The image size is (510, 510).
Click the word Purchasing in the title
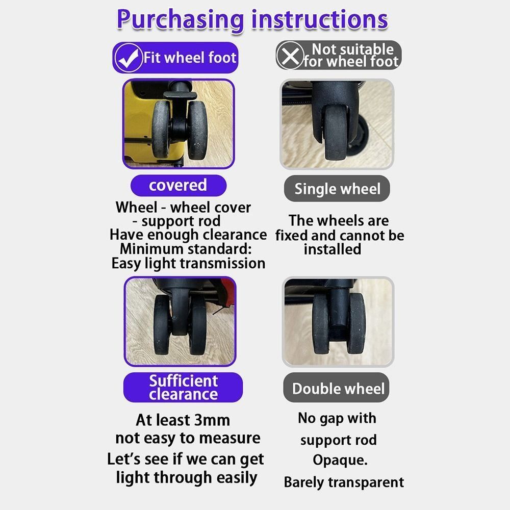(180, 19)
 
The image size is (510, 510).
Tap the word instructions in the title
(319, 19)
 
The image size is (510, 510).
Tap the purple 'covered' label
(177, 185)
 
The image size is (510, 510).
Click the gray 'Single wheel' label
(337, 189)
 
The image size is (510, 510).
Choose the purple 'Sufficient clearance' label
(183, 387)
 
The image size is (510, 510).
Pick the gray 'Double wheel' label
(338, 389)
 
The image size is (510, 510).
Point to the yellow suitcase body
(137, 122)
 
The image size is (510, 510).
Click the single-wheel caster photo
(337, 124)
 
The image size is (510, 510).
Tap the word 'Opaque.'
(340, 460)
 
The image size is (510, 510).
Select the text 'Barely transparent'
(344, 482)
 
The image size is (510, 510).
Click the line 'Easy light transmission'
(188, 263)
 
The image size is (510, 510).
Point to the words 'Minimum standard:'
(186, 249)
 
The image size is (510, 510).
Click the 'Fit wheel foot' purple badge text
(190, 57)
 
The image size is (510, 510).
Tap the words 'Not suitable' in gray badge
(353, 49)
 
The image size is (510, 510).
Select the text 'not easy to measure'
(188, 438)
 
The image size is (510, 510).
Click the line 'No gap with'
(337, 418)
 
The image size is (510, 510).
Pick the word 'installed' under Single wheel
(332, 249)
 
